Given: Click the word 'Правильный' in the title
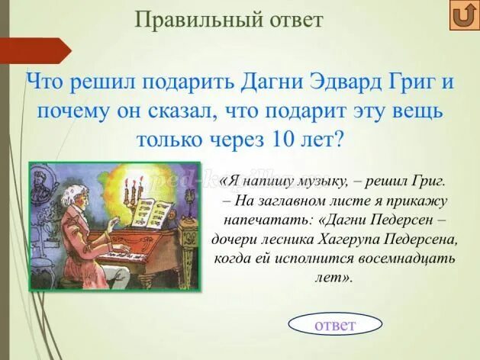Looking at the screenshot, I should [x=199, y=19].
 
